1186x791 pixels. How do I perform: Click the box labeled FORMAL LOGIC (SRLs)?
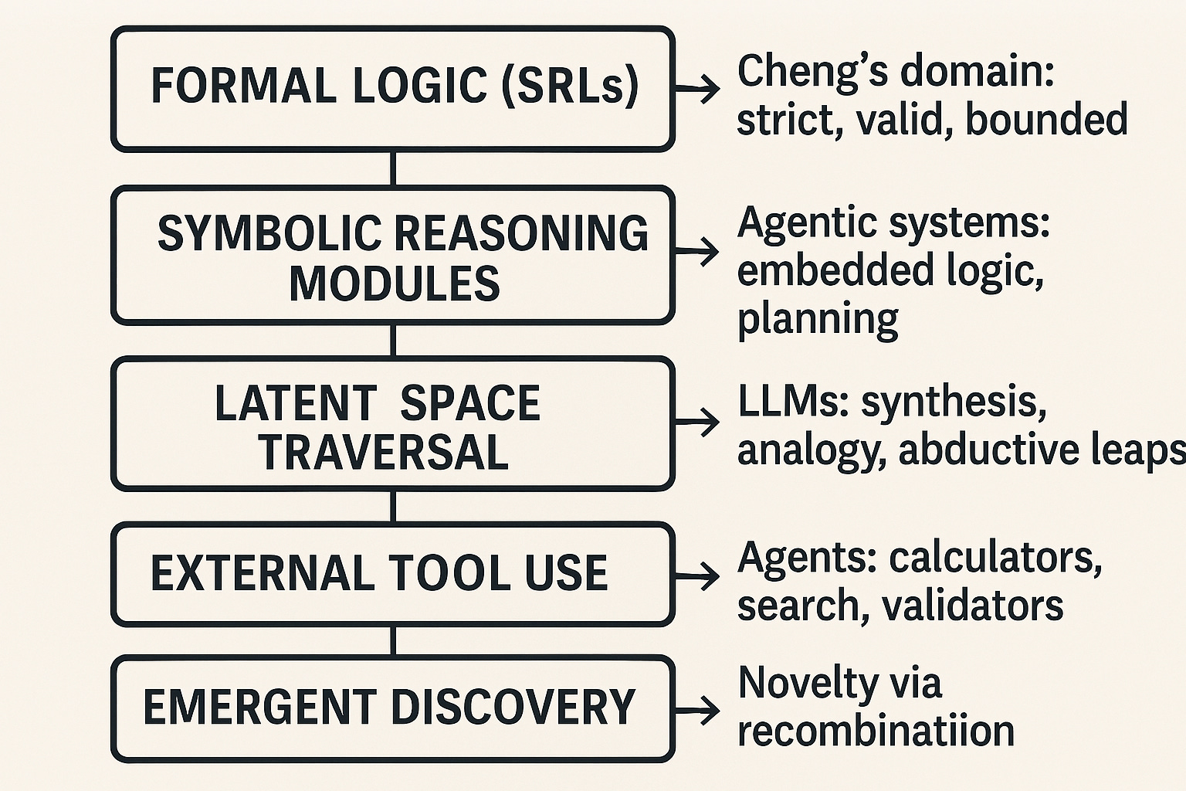(x=393, y=87)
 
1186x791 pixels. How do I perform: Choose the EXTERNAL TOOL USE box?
(x=393, y=574)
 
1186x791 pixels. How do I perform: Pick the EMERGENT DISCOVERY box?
(x=393, y=708)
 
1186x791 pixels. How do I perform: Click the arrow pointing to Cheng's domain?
(x=698, y=90)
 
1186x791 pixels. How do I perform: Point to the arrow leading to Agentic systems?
(x=698, y=251)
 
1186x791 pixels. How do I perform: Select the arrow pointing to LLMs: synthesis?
(x=698, y=422)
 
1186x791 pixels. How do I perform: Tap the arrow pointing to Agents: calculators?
(x=698, y=575)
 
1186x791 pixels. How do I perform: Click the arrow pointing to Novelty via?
(x=698, y=709)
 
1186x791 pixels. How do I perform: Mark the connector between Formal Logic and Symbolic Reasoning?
(x=393, y=168)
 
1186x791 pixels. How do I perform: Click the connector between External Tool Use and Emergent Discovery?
(x=393, y=640)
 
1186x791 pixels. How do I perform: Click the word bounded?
(x=1046, y=121)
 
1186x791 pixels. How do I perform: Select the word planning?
(x=818, y=319)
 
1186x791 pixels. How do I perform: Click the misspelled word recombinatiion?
(x=876, y=731)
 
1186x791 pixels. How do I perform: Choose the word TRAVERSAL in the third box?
(x=384, y=453)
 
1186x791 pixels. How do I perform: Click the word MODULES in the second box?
(x=395, y=283)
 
